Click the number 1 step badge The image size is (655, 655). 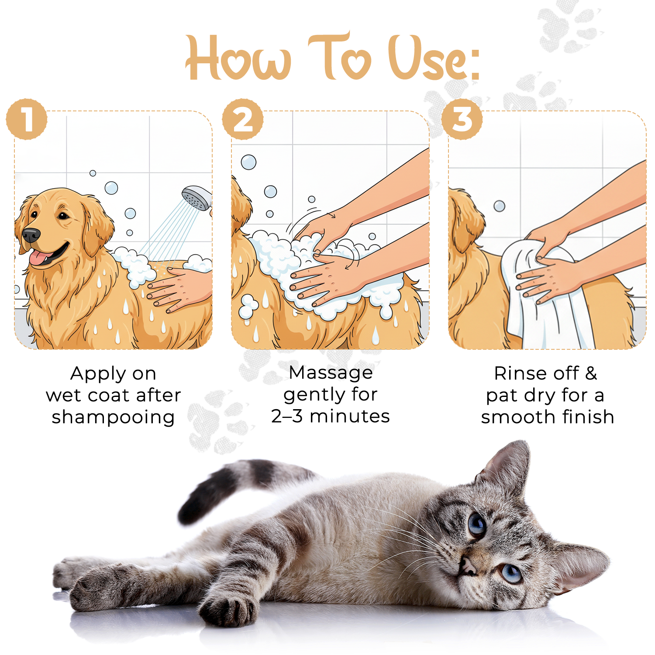27,119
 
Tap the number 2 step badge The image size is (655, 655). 243,119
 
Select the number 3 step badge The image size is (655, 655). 462,119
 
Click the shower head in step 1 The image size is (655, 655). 197,198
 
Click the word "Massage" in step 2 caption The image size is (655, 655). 331,372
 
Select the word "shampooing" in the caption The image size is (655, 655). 113,417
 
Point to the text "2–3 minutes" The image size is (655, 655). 330,416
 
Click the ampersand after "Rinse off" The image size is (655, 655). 591,373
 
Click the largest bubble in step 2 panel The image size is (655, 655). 248,162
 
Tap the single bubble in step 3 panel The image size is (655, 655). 499,206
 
